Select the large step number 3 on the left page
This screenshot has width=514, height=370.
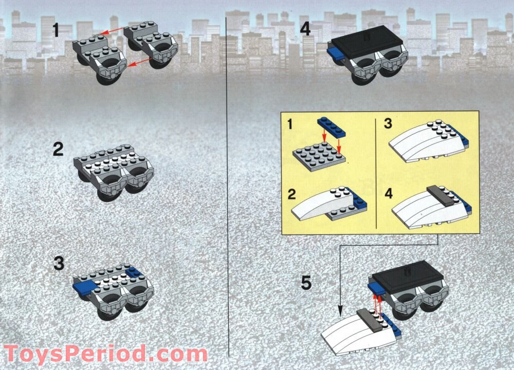point(59,264)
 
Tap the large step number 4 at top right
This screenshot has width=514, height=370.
point(305,28)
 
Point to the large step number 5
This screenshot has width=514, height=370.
point(306,283)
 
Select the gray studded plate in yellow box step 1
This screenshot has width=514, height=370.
point(317,156)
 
